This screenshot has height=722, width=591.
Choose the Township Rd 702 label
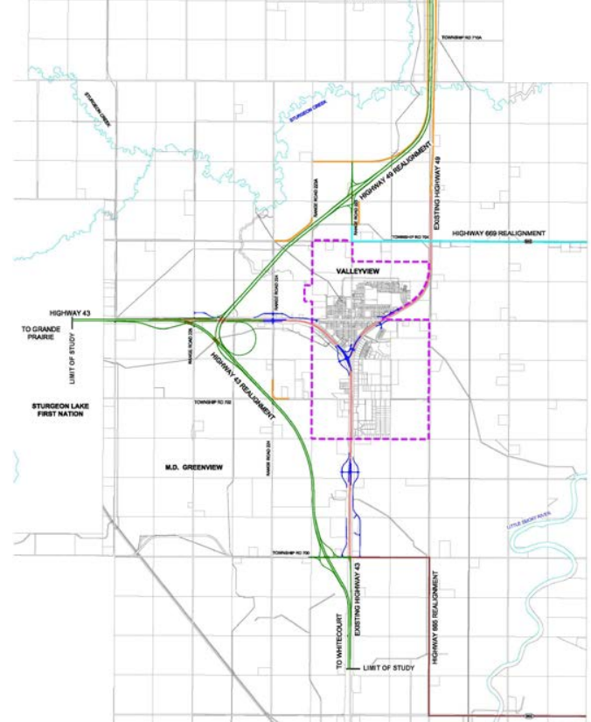[x=212, y=404]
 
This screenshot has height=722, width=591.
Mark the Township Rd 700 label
[x=291, y=553]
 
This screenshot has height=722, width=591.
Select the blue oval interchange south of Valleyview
[x=351, y=472]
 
